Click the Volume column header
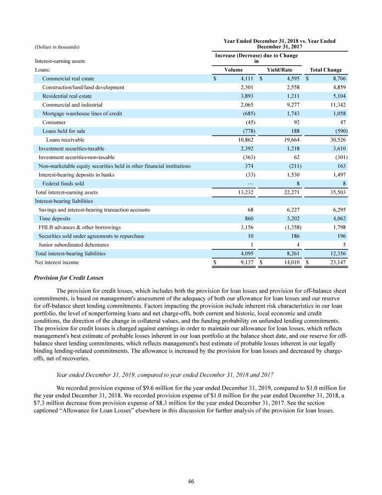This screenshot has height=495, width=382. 234,70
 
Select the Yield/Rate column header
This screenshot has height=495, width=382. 280,70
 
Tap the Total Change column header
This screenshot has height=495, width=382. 325,70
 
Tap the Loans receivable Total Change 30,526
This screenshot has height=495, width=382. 337,140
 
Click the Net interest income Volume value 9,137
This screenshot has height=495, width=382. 246,262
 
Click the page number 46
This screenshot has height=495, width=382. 191,481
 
